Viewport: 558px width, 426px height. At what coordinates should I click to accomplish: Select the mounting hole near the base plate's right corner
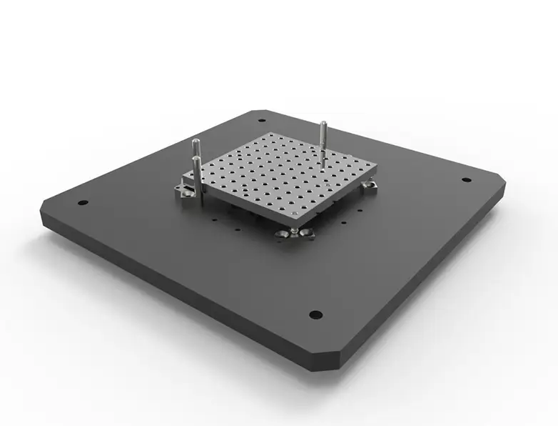point(465,180)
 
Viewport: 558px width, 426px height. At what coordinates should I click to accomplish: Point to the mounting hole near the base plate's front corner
point(315,314)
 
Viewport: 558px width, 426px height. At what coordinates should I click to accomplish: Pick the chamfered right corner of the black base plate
point(504,185)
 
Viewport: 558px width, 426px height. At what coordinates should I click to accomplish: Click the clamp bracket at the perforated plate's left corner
point(185,191)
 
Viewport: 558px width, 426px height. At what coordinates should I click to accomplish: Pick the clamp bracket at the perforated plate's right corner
point(369,188)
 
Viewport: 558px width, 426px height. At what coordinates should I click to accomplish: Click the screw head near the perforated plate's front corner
point(294,214)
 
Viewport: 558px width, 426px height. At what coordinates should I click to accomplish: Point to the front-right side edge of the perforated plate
point(339,198)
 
